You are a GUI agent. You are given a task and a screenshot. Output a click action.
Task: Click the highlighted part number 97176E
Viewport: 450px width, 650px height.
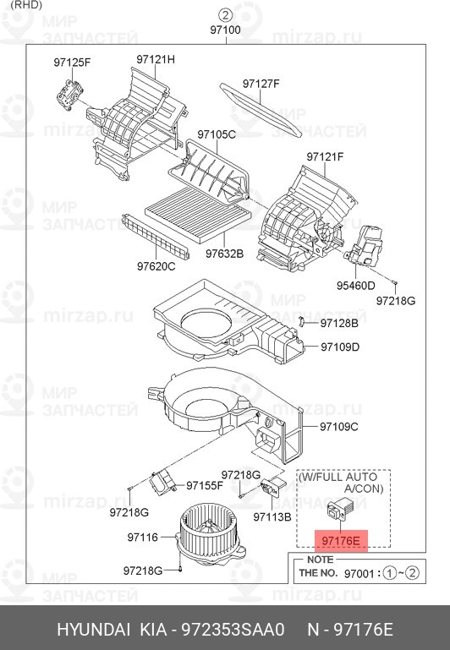(340, 541)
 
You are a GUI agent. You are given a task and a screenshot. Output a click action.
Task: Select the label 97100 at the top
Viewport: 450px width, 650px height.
(225, 30)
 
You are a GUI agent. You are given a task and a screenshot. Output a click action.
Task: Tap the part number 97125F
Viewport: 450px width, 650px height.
(72, 63)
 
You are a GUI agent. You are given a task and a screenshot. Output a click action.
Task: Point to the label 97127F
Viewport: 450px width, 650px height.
(261, 84)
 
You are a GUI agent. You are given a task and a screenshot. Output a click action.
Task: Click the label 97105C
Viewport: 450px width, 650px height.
(217, 134)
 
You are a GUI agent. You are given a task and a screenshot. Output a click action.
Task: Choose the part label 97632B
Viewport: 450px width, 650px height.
(224, 254)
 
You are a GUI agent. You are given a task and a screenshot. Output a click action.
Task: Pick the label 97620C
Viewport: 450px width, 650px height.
(156, 266)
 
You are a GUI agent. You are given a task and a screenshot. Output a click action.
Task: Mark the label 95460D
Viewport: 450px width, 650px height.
(355, 285)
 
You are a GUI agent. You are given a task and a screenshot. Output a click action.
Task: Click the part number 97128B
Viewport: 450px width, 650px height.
(339, 323)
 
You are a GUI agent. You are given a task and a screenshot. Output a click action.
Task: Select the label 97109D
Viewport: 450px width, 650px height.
(340, 347)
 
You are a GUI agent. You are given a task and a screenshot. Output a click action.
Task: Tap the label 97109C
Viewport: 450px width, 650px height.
(339, 427)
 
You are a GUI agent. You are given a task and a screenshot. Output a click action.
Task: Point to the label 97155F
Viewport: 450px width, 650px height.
(205, 485)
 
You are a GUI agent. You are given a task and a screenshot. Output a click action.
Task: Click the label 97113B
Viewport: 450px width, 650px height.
(272, 517)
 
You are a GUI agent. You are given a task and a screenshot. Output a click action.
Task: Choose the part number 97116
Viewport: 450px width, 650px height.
(143, 538)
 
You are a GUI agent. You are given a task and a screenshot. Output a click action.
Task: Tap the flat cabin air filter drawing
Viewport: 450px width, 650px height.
(198, 215)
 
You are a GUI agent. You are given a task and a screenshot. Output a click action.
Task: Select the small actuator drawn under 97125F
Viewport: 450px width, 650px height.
(69, 96)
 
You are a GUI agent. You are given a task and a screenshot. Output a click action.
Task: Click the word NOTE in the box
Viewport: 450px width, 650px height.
(320, 560)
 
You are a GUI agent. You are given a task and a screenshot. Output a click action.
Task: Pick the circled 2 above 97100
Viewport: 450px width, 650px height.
(225, 15)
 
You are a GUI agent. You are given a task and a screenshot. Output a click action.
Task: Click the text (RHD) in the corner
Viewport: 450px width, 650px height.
(26, 5)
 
